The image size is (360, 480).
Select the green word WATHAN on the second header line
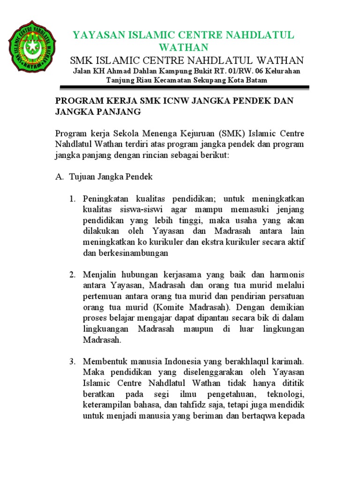click(x=183, y=48)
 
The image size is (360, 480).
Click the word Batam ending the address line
click(x=257, y=80)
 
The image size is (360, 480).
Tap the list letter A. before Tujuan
click(x=59, y=177)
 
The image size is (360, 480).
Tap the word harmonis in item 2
click(x=287, y=274)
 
